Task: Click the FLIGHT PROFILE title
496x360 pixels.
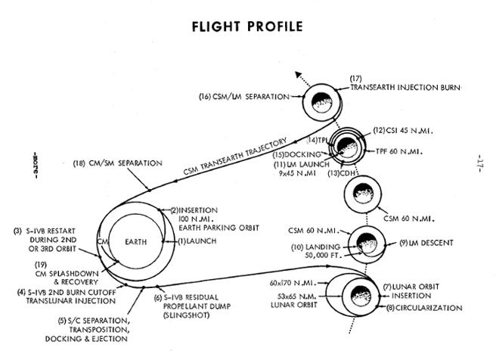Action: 248,26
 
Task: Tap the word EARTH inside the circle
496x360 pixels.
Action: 137,241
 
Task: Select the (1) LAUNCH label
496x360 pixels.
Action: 197,241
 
